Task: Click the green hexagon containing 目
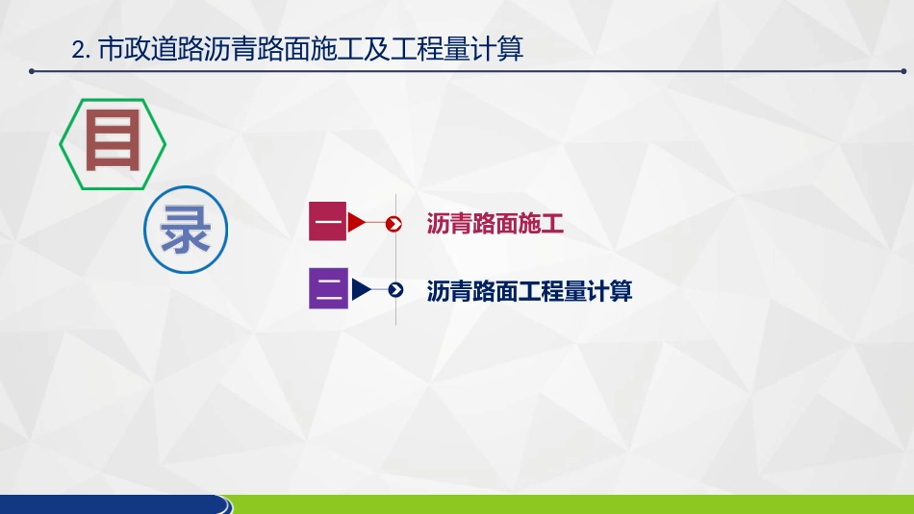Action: [113, 144]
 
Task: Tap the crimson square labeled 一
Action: [328, 221]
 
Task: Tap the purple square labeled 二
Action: [328, 288]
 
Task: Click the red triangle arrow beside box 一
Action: [356, 223]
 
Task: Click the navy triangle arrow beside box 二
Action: [361, 289]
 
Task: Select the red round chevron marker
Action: [394, 224]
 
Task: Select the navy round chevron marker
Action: [395, 289]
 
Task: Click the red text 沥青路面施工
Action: [495, 225]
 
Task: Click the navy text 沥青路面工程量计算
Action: [529, 290]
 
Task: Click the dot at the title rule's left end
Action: [32, 70]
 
